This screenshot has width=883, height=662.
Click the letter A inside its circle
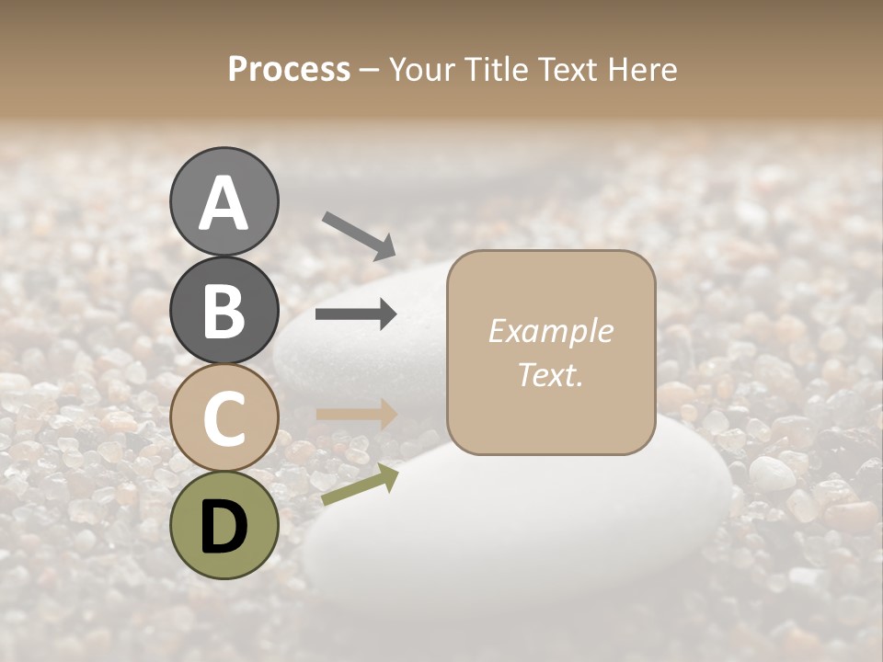[224, 203]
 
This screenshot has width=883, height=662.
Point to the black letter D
[224, 526]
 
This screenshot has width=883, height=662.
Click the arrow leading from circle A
[359, 235]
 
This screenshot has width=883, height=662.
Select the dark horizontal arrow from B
[356, 314]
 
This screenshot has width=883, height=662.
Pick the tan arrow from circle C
[356, 414]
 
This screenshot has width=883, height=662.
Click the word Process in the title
[289, 69]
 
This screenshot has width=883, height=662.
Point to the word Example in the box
[551, 331]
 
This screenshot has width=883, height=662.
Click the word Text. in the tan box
[551, 375]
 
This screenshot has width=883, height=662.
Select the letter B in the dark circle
[224, 312]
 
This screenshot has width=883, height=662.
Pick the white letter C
[224, 418]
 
